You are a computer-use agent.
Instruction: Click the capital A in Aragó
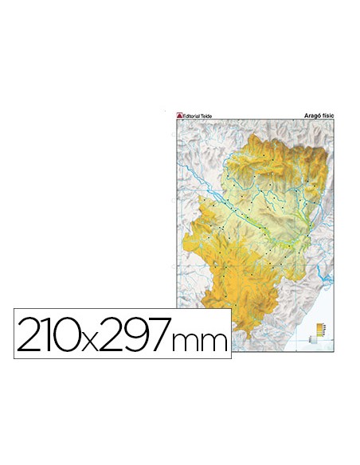click(x=306, y=113)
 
